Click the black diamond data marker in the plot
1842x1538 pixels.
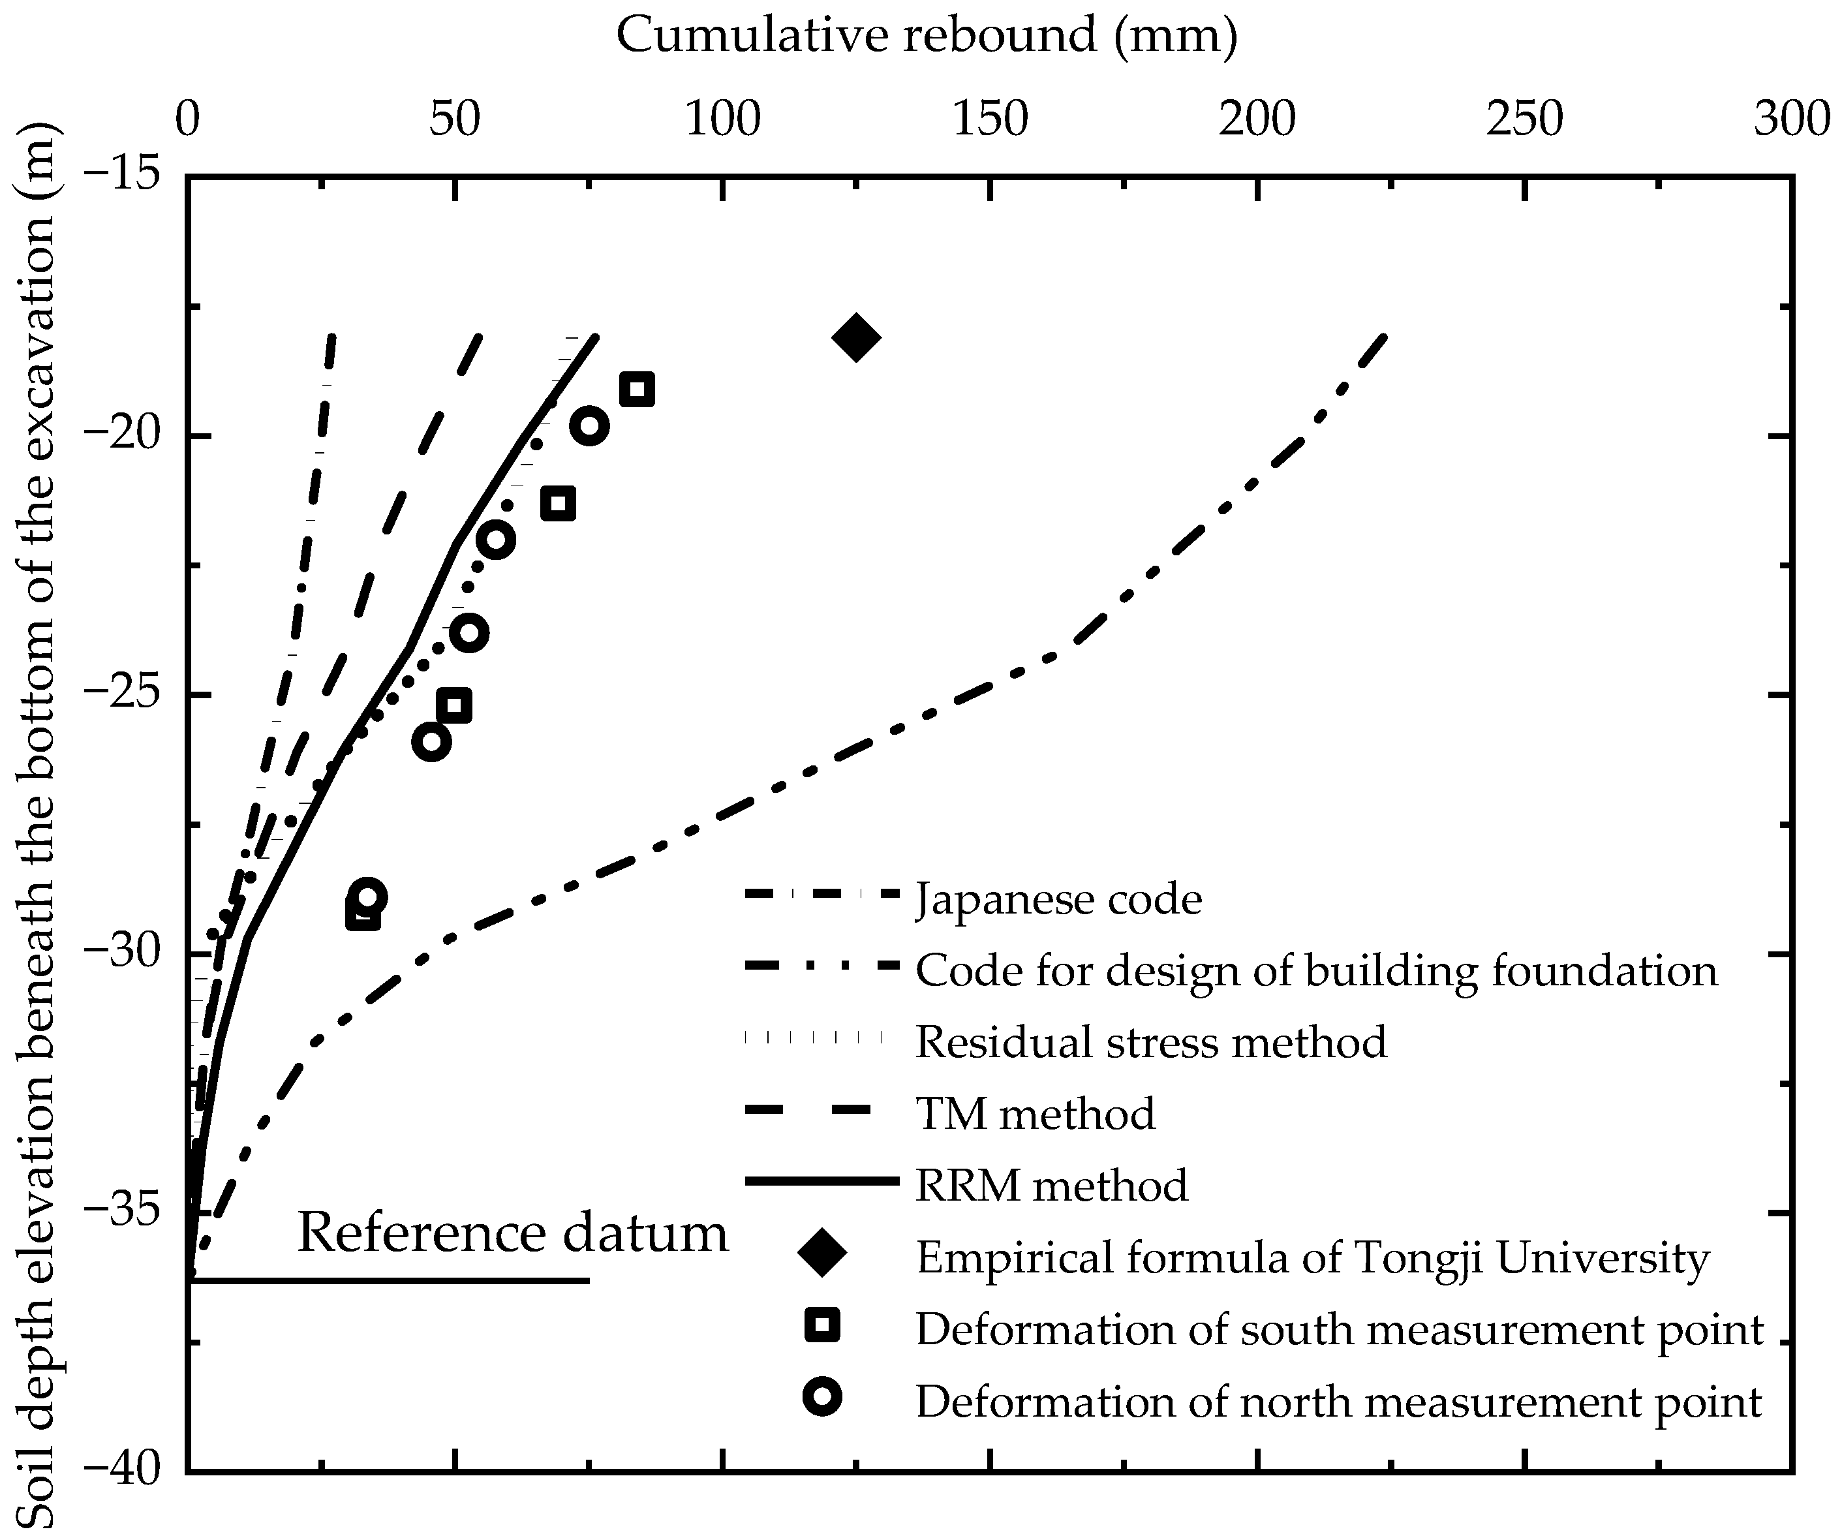click(856, 337)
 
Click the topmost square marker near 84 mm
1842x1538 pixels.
click(637, 390)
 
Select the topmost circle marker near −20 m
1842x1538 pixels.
click(589, 426)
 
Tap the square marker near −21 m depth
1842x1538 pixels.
click(558, 504)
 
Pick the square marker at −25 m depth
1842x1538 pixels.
click(454, 705)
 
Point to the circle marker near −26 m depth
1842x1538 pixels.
click(431, 742)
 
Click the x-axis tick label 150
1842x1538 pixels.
click(989, 120)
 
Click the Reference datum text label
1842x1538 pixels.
click(512, 1233)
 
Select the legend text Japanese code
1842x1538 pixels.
click(1058, 899)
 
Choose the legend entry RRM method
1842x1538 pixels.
click(1051, 1185)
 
